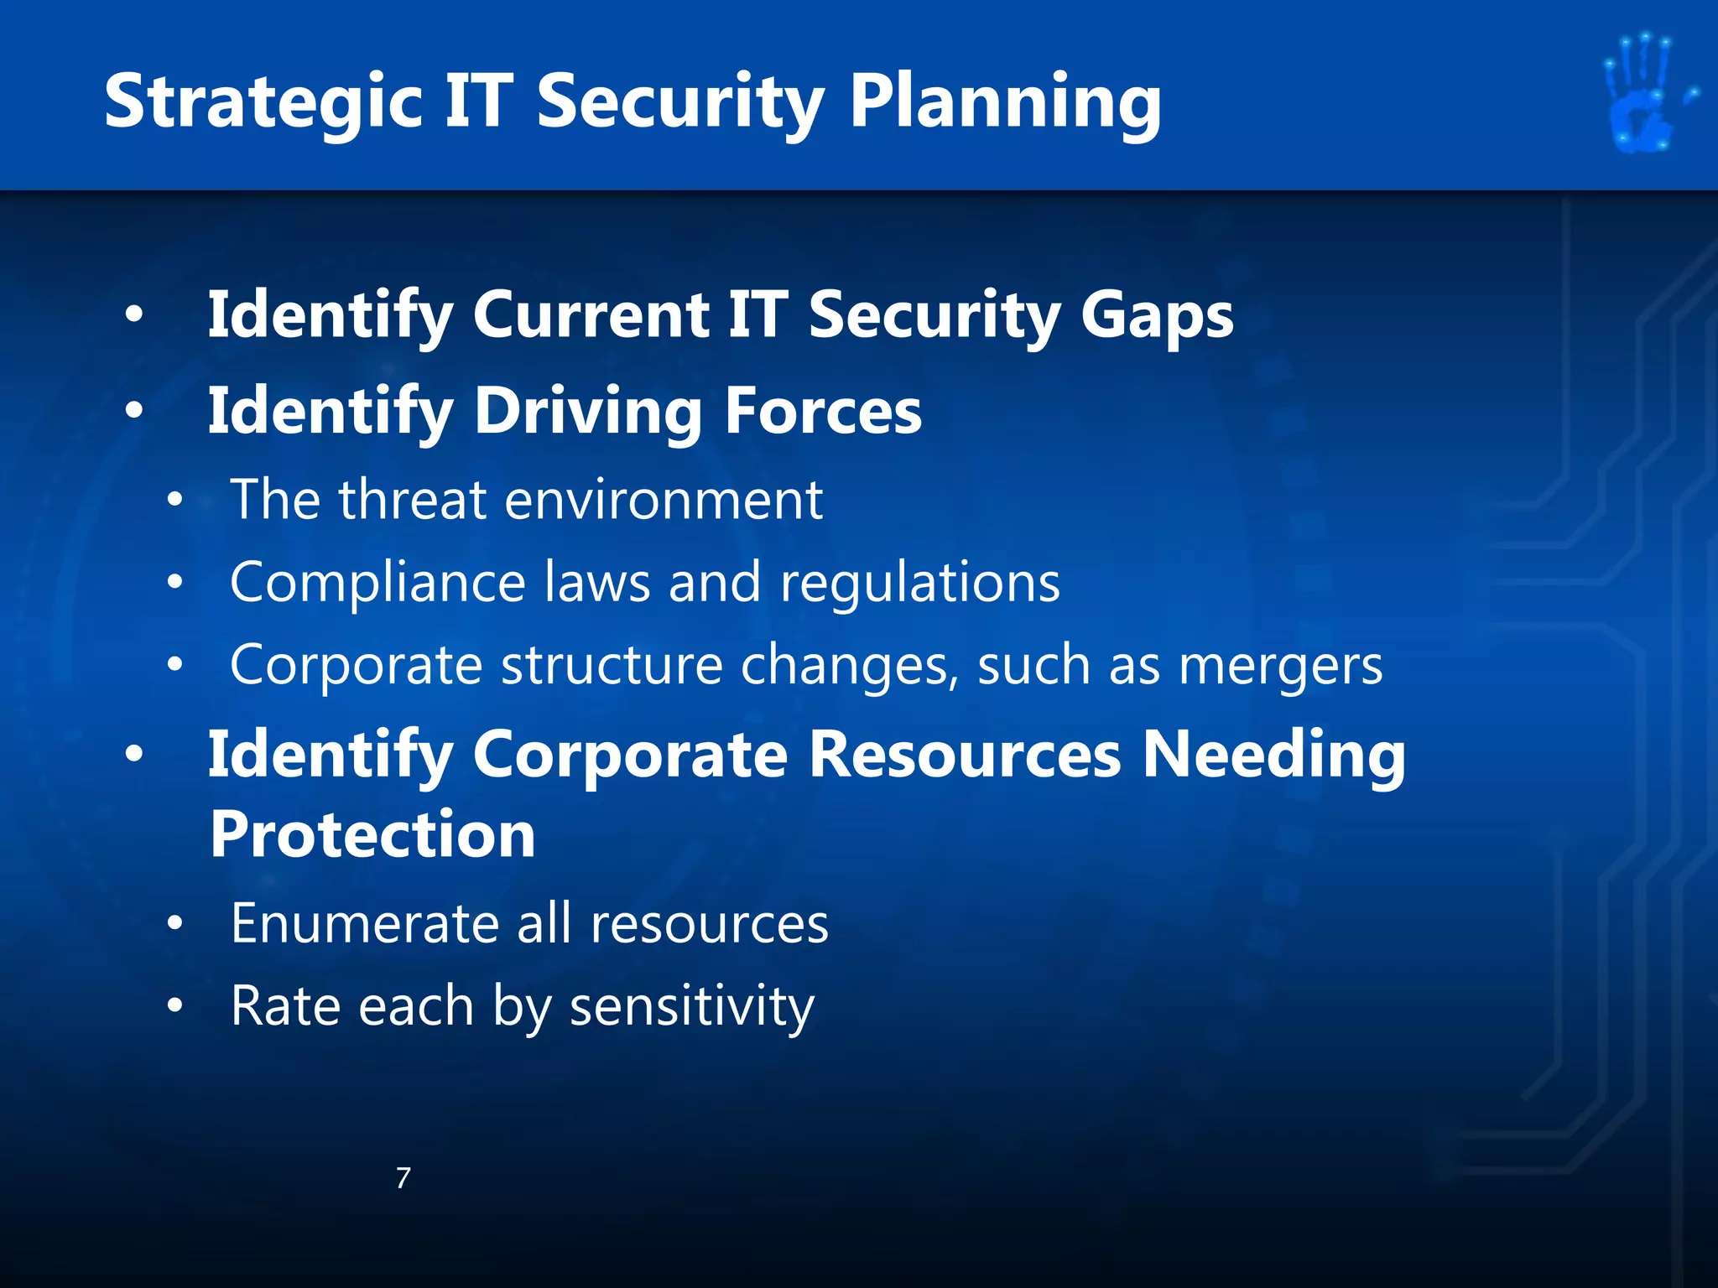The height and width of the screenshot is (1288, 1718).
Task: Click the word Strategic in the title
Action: pos(263,102)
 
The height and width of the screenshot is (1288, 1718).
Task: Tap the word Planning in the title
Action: pos(1005,102)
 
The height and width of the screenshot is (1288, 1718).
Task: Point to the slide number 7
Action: pos(403,1178)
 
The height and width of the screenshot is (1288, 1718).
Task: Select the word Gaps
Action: pos(1157,317)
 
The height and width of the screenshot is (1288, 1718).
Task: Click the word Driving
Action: pos(587,413)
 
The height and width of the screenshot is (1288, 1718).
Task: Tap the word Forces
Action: pos(823,413)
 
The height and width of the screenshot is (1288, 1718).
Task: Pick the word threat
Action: pos(412,501)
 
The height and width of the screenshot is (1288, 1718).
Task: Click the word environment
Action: pos(664,501)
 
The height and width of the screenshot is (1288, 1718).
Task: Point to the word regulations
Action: pos(920,584)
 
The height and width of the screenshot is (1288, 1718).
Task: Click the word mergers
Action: pos(1280,667)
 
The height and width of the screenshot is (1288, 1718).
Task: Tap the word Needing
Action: pos(1274,756)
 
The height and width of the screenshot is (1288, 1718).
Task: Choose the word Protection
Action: pos(372,835)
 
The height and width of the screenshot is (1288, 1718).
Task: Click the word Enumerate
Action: pos(364,924)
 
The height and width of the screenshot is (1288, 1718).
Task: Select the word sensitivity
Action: pos(692,1007)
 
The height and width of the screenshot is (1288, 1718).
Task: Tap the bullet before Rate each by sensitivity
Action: pos(174,1005)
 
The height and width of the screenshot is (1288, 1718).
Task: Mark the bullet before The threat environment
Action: pos(174,501)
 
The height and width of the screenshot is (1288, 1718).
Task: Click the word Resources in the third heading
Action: pos(965,756)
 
